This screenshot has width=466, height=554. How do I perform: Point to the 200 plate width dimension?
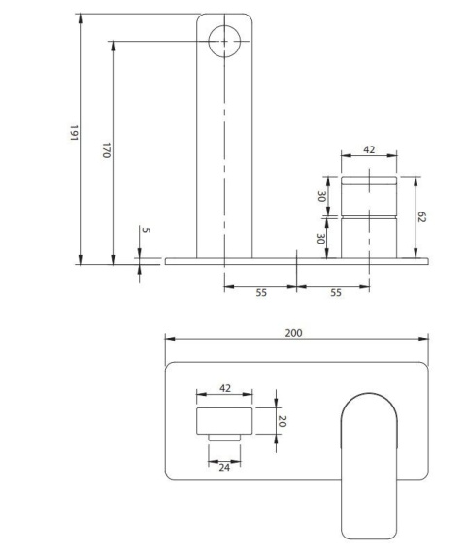click(294, 332)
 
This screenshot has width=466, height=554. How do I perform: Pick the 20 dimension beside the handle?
click(283, 422)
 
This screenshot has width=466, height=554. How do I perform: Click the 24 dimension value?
click(224, 466)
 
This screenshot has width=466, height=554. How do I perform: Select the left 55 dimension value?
click(260, 292)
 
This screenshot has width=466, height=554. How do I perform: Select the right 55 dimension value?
click(333, 292)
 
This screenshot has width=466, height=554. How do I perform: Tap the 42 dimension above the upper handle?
click(368, 150)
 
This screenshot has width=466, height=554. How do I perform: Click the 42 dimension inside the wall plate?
click(224, 388)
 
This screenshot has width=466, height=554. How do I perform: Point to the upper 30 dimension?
click(321, 195)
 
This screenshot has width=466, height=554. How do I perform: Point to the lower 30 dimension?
click(321, 239)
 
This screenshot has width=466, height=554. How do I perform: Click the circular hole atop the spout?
click(224, 41)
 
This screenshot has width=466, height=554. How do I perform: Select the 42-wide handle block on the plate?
click(224, 422)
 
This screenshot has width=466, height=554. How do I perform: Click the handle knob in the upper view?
click(368, 215)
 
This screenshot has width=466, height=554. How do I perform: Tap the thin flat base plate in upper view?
click(296, 260)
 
